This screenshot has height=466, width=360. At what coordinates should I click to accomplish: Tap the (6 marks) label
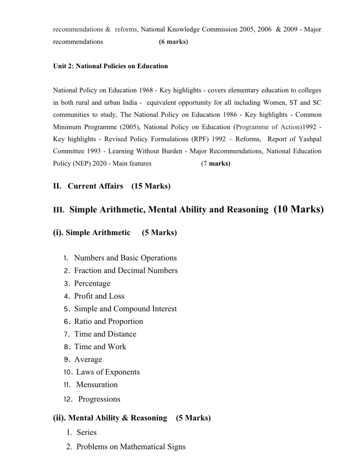tap(173, 42)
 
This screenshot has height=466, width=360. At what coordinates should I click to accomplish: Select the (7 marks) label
tap(216, 163)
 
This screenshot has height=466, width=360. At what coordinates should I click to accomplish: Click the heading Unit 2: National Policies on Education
tap(111, 66)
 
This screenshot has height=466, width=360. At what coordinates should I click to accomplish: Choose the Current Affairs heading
tap(95, 186)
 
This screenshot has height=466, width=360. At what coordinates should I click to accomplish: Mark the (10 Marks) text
tap(299, 209)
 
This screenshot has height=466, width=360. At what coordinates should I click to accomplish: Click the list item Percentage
tap(92, 284)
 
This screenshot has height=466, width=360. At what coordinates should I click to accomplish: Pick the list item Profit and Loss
tap(99, 296)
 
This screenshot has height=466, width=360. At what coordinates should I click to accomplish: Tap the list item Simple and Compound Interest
tap(126, 309)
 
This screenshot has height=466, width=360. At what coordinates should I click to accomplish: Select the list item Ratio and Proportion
tap(109, 321)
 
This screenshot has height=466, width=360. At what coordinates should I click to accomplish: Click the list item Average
tap(88, 360)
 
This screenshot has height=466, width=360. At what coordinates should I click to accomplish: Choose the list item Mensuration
tap(97, 385)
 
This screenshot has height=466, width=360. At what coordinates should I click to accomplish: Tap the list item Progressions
tap(99, 400)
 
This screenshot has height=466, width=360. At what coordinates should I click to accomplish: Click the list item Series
tap(86, 432)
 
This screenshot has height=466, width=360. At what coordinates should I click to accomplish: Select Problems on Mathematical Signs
tap(131, 447)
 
